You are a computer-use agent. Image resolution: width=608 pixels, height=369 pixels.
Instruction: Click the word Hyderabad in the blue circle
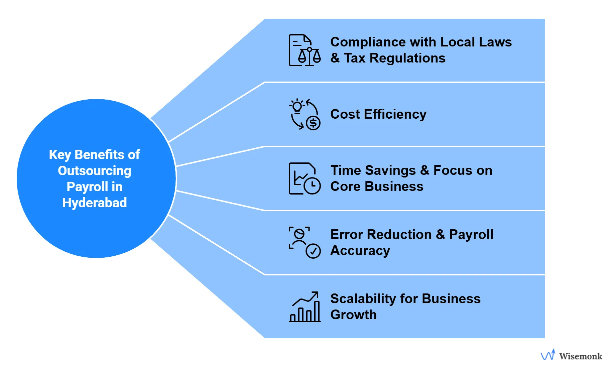tap(95, 203)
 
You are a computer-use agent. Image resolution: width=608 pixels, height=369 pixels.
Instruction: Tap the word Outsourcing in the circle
tap(95, 171)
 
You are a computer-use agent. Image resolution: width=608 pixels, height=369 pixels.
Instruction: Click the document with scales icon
tap(305, 50)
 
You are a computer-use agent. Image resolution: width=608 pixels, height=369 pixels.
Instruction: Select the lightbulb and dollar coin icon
tap(305, 114)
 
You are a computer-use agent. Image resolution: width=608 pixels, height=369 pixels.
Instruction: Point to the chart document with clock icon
tap(305, 178)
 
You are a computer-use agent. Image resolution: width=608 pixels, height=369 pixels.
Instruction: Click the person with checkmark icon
tap(305, 243)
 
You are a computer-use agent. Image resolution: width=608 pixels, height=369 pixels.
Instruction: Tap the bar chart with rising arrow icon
tap(305, 307)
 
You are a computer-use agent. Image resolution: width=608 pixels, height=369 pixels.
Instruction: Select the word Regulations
tap(407, 58)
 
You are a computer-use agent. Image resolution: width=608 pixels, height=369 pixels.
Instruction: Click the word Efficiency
tap(395, 114)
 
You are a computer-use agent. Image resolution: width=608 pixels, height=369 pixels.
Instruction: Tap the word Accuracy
tap(360, 251)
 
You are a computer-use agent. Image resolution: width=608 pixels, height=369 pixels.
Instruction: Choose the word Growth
tap(353, 315)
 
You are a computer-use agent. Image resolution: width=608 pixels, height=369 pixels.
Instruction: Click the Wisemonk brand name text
tap(581, 356)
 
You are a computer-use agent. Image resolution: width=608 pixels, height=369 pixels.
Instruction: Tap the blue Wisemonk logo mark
tap(548, 355)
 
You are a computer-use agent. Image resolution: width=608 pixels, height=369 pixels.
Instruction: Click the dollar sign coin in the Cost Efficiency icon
tap(313, 123)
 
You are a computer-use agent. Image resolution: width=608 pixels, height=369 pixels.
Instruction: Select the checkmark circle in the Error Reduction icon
tap(313, 251)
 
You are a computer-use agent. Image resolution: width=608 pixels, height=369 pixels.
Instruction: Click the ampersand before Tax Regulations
tap(335, 58)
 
